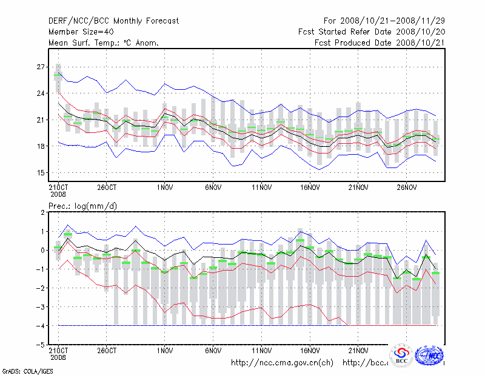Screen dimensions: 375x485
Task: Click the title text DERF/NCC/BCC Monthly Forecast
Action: click(x=114, y=21)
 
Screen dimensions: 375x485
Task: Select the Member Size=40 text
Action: click(x=81, y=32)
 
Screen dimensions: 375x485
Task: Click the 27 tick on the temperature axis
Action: click(x=41, y=67)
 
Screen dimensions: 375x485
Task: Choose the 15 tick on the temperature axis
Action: click(x=41, y=173)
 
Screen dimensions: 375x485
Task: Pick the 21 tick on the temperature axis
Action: click(x=41, y=120)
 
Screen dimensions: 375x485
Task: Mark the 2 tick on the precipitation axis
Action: click(x=43, y=212)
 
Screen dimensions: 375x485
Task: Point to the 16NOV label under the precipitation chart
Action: click(x=310, y=351)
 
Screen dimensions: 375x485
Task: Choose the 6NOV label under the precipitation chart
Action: click(x=213, y=351)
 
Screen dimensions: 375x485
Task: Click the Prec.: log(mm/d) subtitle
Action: click(x=82, y=206)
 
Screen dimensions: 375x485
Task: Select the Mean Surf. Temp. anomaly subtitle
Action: click(x=104, y=43)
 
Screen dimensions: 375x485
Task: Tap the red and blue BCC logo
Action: click(x=401, y=356)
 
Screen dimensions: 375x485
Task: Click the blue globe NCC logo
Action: click(x=432, y=356)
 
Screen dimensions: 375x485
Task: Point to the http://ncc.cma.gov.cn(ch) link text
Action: click(x=283, y=363)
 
